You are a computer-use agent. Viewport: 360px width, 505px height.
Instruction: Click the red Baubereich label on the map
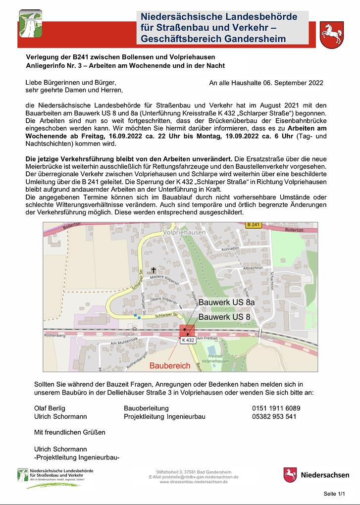tap(170, 366)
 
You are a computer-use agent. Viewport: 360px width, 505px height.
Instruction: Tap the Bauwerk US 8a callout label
tap(226, 302)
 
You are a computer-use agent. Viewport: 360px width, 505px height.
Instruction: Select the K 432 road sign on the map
tap(188, 340)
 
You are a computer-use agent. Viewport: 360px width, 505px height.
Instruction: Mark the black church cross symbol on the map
tap(154, 270)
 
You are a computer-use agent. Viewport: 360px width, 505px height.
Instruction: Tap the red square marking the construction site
tap(188, 331)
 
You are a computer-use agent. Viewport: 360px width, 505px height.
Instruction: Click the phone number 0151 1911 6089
tap(276, 408)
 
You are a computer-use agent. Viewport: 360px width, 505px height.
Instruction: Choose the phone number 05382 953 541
tap(274, 416)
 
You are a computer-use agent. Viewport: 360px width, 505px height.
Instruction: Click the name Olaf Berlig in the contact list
tap(50, 408)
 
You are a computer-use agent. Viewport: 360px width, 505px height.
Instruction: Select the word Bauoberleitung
tap(146, 408)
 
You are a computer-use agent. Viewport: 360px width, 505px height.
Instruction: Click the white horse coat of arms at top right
tap(332, 35)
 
